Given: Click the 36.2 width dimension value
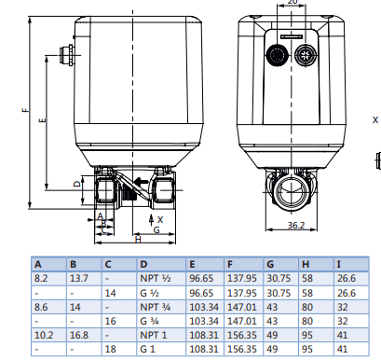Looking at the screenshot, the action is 296,225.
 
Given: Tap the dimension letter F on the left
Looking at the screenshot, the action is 25,110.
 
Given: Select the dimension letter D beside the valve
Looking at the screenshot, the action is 76,184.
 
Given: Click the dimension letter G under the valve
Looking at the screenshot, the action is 156,229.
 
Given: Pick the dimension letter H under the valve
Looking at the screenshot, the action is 138,240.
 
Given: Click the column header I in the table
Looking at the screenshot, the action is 338,264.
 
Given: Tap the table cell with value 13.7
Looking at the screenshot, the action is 79,278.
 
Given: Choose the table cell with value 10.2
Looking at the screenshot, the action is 44,335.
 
